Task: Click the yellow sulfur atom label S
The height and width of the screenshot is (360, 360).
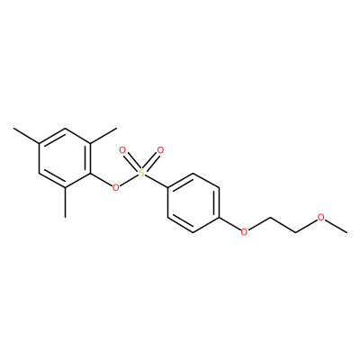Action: [141, 173]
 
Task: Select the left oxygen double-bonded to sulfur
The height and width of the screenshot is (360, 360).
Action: [122, 150]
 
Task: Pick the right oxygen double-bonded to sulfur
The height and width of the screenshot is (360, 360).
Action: [160, 150]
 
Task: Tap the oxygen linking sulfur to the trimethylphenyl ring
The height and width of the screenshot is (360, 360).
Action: [115, 188]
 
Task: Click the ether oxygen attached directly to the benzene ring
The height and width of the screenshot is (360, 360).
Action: [245, 232]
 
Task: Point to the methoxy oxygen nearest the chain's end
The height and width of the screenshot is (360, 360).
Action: [321, 218]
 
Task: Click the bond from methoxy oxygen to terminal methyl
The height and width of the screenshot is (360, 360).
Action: [337, 226]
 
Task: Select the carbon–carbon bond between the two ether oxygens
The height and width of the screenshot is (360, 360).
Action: [283, 225]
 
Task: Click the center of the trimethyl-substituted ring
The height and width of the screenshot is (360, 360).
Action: [65, 158]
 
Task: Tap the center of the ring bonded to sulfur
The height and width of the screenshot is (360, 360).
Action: [193, 202]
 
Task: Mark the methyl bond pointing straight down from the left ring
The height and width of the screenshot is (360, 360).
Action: [65, 202]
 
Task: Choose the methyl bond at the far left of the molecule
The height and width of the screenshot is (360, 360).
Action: [26, 136]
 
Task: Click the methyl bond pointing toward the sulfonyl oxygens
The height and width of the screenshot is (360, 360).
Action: [103, 136]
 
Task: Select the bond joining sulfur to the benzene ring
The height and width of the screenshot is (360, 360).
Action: [157, 182]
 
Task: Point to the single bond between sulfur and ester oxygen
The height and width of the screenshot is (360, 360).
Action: [129, 180]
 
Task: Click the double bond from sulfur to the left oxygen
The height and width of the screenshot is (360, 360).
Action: [131, 162]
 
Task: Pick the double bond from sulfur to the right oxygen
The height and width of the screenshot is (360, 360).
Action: [151, 162]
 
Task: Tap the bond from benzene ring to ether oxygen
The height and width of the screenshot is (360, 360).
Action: [230, 224]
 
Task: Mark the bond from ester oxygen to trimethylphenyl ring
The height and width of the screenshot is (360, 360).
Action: [101, 180]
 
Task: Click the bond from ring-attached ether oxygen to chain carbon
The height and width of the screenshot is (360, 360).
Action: [259, 224]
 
